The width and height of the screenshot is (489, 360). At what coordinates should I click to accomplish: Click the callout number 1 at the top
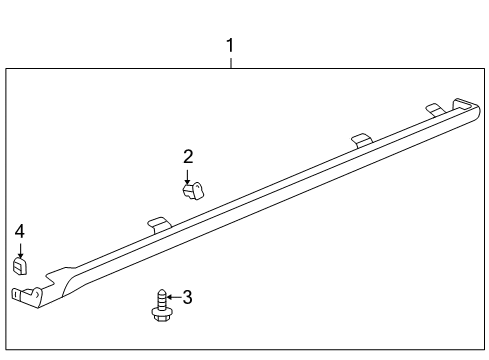tap(231, 45)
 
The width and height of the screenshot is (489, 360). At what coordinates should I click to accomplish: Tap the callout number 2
tap(188, 156)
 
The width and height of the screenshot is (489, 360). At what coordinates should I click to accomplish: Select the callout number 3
tap(187, 297)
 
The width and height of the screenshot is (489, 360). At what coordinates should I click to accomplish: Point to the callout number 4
tap(19, 232)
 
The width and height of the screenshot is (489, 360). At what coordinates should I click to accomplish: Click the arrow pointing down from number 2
tap(188, 173)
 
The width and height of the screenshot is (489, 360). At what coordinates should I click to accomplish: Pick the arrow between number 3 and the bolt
tap(172, 297)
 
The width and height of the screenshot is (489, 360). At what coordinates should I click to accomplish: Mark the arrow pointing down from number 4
tap(19, 248)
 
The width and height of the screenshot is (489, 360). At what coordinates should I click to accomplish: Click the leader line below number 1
tap(231, 61)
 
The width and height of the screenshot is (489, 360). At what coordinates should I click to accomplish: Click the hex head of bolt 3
tap(159, 314)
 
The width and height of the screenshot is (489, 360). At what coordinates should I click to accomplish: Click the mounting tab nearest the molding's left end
tap(157, 222)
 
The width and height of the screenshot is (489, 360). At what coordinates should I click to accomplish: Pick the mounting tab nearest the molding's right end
tap(434, 108)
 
